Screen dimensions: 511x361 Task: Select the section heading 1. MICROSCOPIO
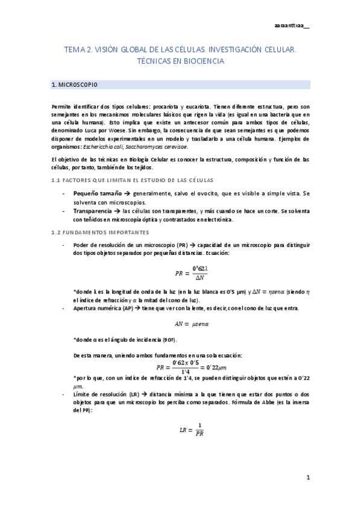pos(75,85)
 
